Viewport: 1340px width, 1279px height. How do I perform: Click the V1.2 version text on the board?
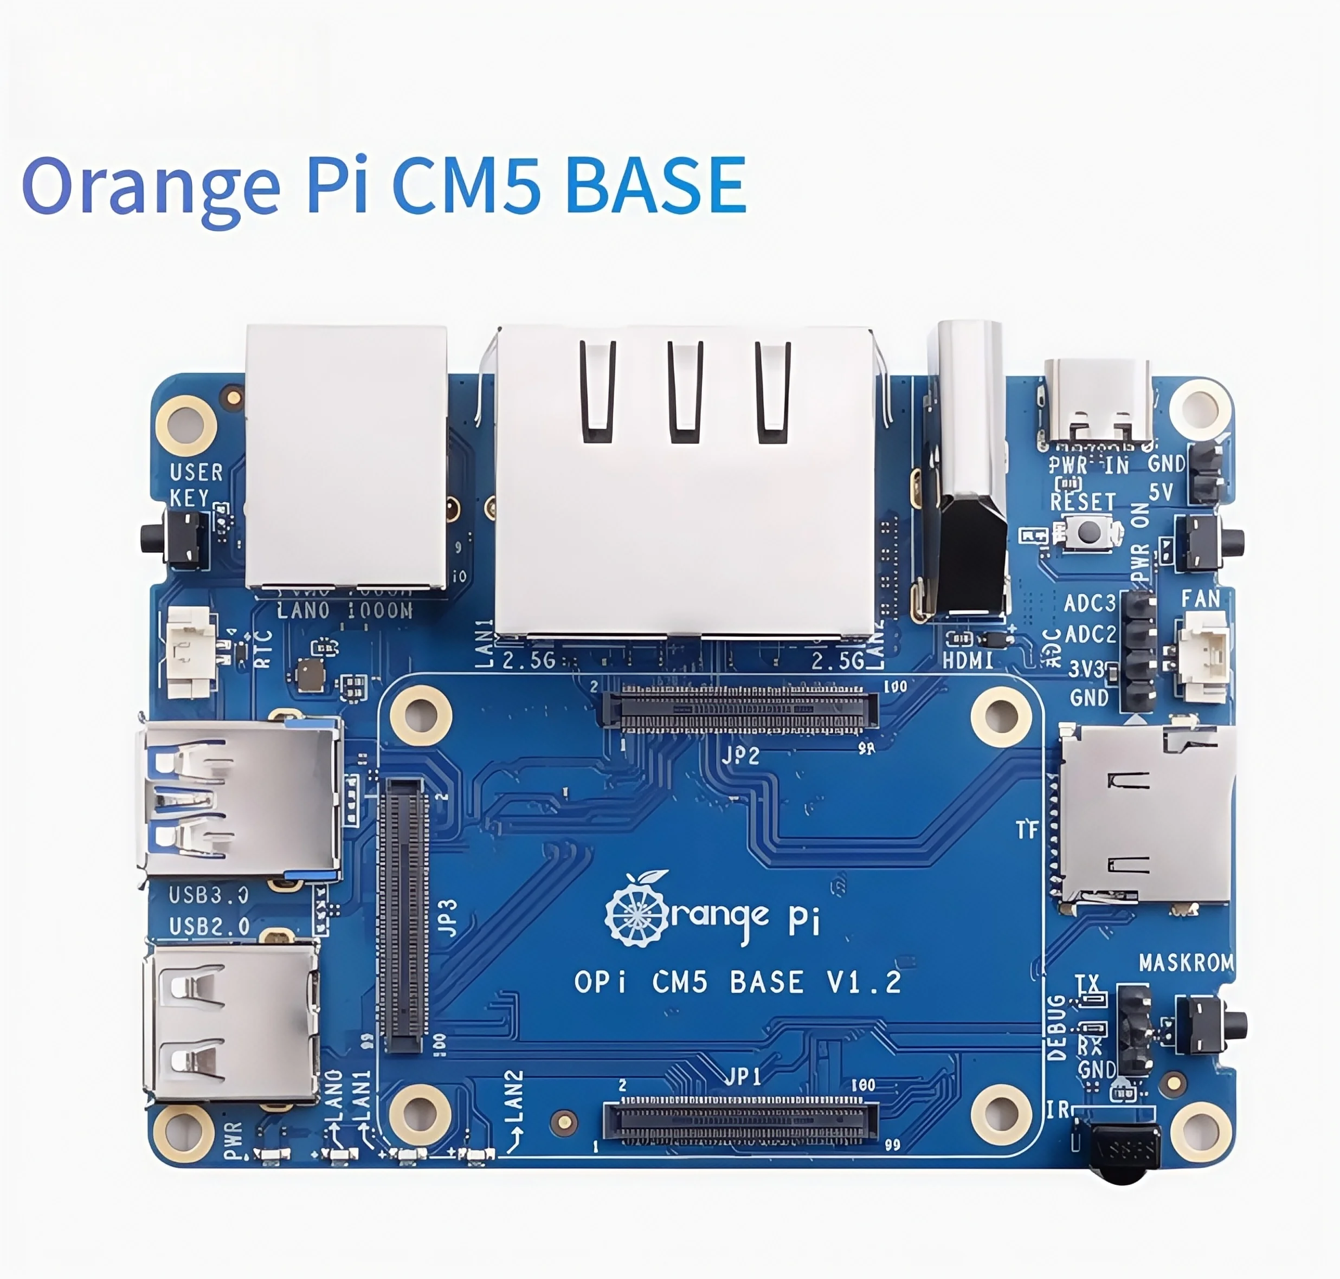point(864,983)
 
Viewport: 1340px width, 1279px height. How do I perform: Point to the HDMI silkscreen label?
point(968,660)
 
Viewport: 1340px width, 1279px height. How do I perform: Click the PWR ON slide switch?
point(1207,542)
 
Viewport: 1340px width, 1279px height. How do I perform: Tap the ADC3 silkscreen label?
point(1089,603)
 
